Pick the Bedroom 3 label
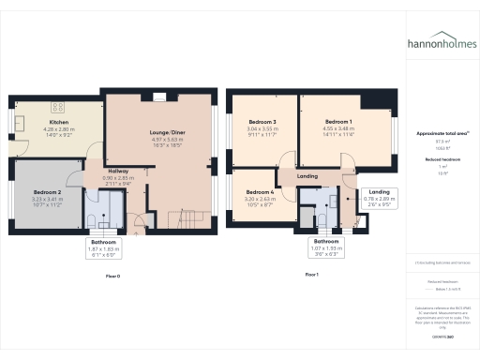coord(262,123)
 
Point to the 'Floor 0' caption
coord(113,277)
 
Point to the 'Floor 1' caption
coord(313,274)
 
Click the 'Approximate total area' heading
coord(441,134)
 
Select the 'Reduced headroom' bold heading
coord(442,160)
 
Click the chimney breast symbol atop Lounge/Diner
coord(157,96)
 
